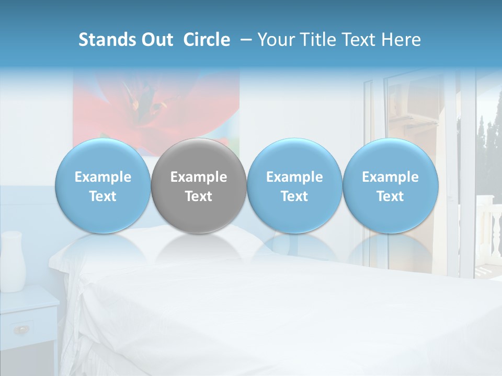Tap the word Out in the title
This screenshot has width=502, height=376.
[156, 40]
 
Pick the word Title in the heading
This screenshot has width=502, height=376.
[318, 40]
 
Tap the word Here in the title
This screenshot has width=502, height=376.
[402, 40]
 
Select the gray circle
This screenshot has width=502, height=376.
[198, 186]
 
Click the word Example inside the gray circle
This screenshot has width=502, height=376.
[198, 177]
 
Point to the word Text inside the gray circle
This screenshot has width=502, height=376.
[198, 196]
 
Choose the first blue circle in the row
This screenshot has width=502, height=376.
[102, 186]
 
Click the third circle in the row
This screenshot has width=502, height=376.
[294, 186]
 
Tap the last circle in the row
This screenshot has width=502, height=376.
[390, 186]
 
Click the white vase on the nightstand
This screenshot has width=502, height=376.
[13, 261]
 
